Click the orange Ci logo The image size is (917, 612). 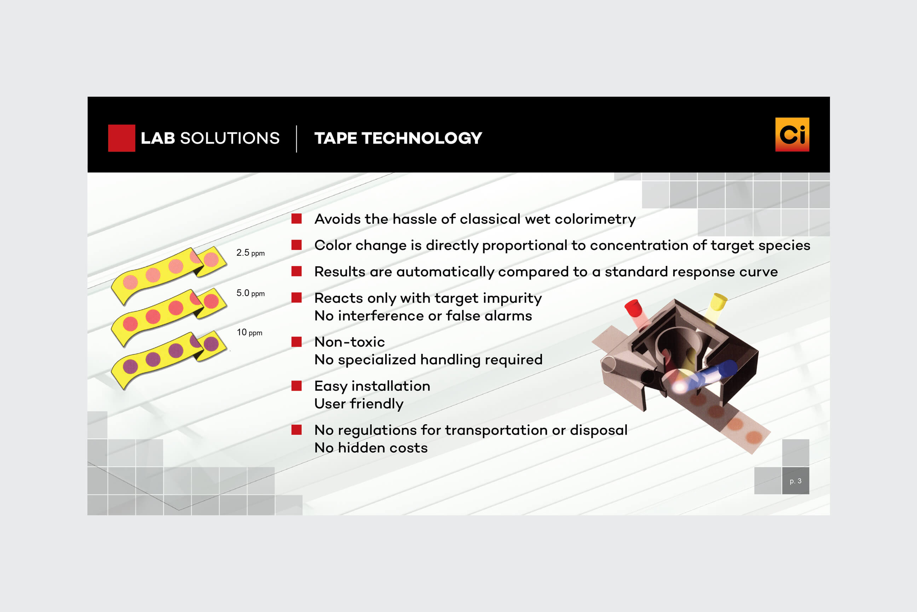point(792,134)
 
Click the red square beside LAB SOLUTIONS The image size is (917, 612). point(122,138)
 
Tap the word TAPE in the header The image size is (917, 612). point(336,138)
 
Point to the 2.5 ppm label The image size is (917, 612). point(250,253)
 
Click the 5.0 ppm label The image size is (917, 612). point(250,293)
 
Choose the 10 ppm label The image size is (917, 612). point(249,333)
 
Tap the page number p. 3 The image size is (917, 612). point(795,481)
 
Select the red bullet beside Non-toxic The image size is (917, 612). point(296,342)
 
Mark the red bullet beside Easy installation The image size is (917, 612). point(296,386)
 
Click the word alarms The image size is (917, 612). point(508,316)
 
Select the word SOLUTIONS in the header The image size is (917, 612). point(230,138)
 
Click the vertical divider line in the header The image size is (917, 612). point(297,138)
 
